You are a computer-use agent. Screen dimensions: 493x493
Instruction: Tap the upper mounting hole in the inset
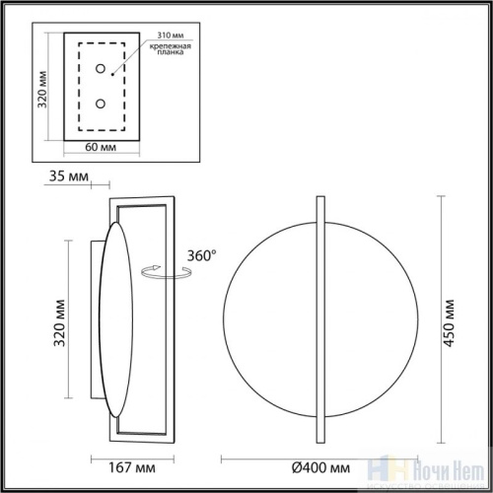point(102,68)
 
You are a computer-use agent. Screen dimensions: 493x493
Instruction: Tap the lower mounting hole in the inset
point(102,103)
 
